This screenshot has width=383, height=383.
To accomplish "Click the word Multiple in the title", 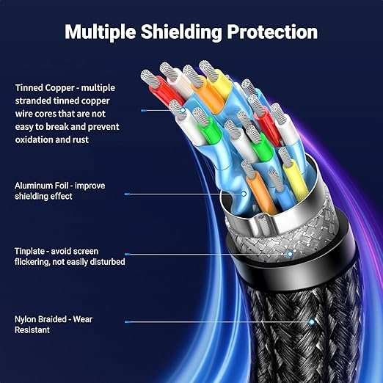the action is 100,32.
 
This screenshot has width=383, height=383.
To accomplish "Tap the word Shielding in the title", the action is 181,32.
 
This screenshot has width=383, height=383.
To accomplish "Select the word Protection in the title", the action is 272,32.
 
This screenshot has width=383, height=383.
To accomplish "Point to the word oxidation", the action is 34,139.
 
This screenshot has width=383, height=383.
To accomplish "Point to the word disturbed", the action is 107,262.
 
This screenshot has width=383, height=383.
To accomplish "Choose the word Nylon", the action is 25,319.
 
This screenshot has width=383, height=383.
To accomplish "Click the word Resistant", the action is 32,330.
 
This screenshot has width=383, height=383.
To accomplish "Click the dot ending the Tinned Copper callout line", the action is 183,110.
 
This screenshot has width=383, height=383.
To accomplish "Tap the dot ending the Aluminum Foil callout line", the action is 244,194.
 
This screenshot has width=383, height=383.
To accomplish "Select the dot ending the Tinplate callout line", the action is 290,254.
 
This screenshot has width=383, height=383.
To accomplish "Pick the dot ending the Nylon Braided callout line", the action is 311,322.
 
